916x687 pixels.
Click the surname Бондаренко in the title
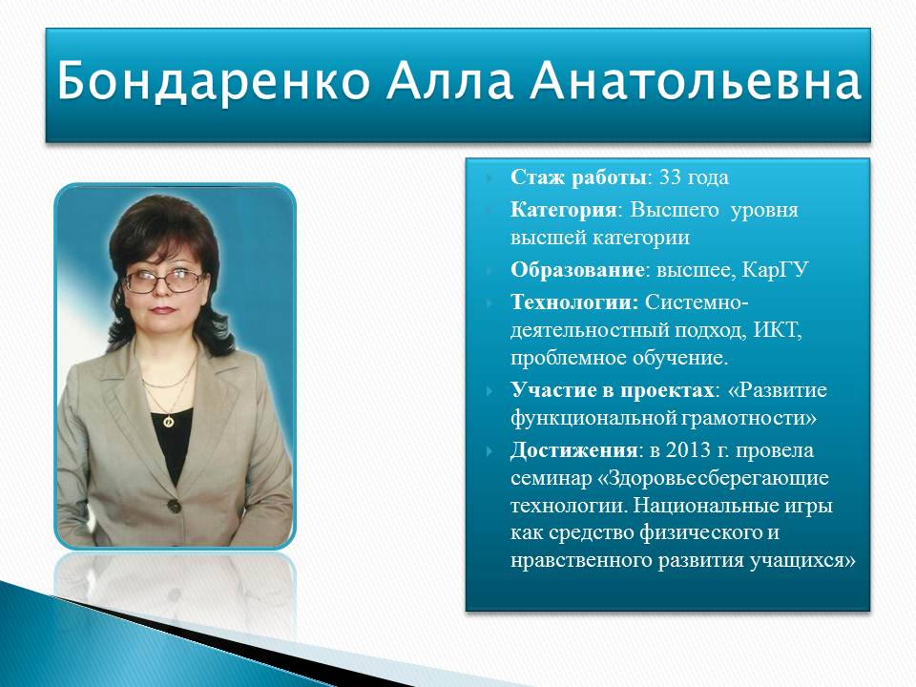click(213, 80)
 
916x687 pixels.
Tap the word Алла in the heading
click(448, 80)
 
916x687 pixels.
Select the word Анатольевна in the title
click(696, 80)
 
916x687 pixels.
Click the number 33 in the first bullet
click(670, 177)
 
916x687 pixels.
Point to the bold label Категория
click(564, 210)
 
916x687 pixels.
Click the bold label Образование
click(577, 270)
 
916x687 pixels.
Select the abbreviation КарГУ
click(775, 270)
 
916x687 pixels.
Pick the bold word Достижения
click(573, 450)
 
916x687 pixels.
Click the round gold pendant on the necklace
click(168, 421)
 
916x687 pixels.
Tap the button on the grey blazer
click(174, 506)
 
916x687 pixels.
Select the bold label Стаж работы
click(579, 177)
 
